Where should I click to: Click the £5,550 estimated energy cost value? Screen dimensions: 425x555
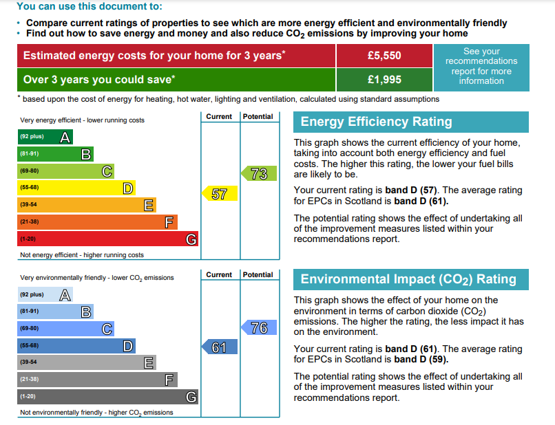coord(384,55)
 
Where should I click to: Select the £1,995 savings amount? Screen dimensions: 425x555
coord(384,80)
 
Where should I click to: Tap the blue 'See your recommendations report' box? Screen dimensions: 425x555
coord(481,67)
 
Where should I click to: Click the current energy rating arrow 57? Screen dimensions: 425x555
coord(220,194)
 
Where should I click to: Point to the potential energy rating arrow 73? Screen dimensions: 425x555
coord(259,174)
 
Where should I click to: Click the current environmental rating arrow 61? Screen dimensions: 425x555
coord(219,347)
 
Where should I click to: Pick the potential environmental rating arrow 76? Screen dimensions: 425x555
coord(259,327)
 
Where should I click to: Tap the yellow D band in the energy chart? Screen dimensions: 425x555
coord(76,188)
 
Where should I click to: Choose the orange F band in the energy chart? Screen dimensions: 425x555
coord(97,221)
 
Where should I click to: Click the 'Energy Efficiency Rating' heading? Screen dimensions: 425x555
coord(377,122)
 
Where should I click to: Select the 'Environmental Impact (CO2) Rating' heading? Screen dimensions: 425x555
coord(408,279)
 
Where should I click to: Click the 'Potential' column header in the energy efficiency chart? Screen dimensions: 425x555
coord(258,117)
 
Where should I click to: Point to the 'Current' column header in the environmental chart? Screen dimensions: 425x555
coord(219,275)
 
